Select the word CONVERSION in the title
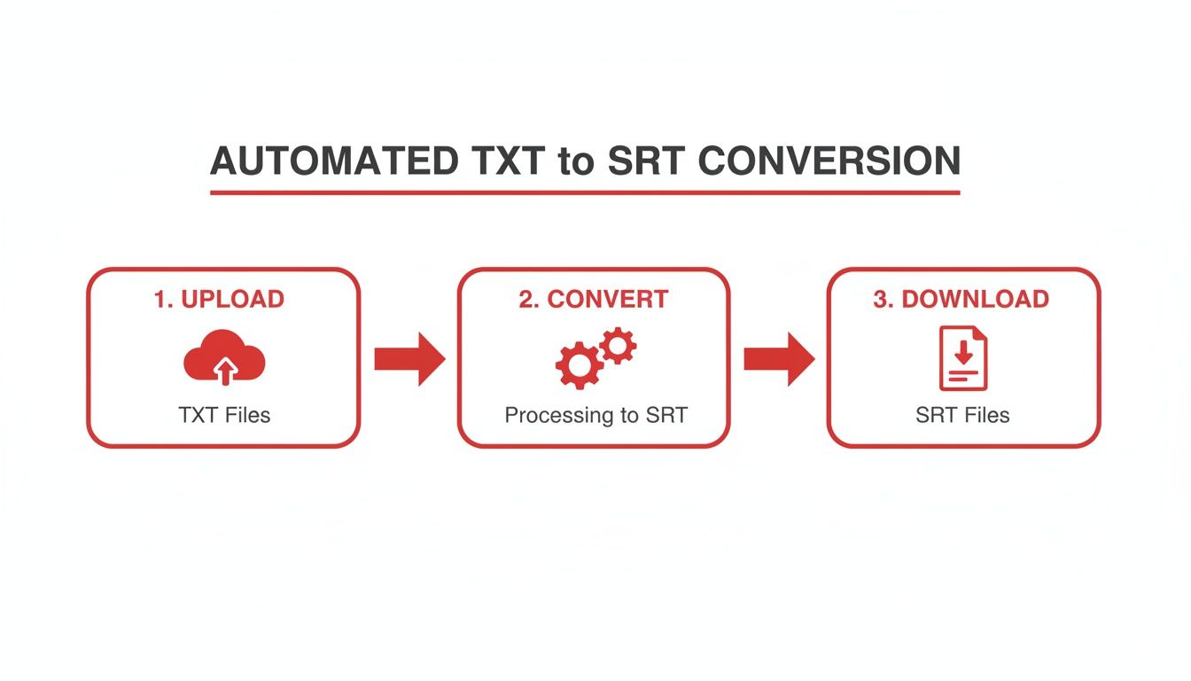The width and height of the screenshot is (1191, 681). coord(828,161)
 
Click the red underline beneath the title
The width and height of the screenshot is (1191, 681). coord(585,192)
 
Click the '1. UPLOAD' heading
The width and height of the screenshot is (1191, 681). coord(219,299)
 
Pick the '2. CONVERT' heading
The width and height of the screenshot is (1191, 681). coord(593,299)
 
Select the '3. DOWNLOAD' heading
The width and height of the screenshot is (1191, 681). coord(961,299)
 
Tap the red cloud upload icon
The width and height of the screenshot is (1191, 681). coord(224,357)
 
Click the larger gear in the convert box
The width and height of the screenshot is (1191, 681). coord(578,365)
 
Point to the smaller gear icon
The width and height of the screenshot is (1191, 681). coord(618,345)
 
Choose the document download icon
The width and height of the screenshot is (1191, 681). coord(963,358)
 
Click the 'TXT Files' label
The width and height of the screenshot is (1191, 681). coord(224,415)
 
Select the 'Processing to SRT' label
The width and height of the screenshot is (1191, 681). coord(595,415)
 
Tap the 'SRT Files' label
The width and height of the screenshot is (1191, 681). coord(962,415)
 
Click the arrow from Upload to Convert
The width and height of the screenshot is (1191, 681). coord(409,358)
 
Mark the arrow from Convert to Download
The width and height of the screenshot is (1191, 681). coord(778,358)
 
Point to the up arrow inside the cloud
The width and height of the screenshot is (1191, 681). coord(226,370)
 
